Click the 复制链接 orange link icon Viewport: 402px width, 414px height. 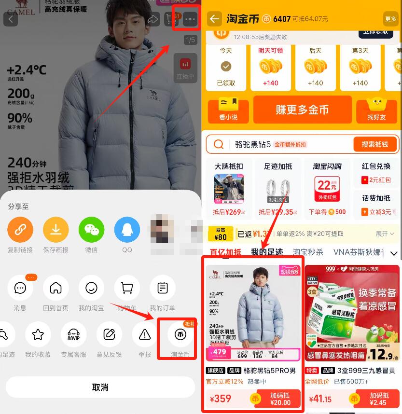coord(20,230)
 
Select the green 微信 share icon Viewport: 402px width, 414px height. coord(91,230)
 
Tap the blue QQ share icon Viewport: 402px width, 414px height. coord(127,230)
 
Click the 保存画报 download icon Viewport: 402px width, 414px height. coord(56,230)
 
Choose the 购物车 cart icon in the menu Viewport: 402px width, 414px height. coord(127,289)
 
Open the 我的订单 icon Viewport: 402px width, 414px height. coord(163,289)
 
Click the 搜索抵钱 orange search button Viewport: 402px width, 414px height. coord(375,144)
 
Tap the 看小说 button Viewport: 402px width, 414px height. coord(228,110)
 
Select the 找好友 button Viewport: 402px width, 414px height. coord(376,110)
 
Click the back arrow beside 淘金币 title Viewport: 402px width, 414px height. coord(214,19)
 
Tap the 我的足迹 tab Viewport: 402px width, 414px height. coord(266,252)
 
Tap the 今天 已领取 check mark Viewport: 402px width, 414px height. coord(226,67)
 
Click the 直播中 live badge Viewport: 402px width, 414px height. coord(185,69)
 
